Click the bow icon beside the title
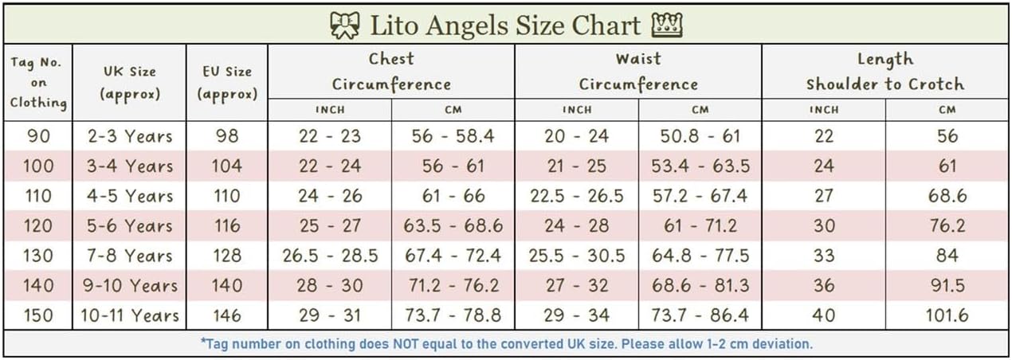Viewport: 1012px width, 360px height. pos(345,25)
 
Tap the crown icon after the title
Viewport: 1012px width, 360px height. pos(667,25)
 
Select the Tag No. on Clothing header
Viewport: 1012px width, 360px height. pos(38,83)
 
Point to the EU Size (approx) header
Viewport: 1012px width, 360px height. pos(227,83)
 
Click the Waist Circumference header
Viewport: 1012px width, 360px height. pos(638,72)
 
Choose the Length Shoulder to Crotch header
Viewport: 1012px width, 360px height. pos(885,72)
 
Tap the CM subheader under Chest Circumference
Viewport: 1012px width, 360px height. pos(453,110)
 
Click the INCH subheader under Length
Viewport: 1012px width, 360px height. pos(824,110)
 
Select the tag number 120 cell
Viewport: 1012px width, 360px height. pos(38,225)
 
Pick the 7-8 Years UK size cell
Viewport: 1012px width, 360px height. pos(130,256)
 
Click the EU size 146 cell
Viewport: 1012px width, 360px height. pos(227,315)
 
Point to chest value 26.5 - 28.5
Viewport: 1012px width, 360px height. pos(330,256)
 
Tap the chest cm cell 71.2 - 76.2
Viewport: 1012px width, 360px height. pos(453,285)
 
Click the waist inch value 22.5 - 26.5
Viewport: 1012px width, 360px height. pos(576,196)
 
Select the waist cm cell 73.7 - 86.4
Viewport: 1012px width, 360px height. pos(700,315)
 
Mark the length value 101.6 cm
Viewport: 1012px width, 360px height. pos(947,315)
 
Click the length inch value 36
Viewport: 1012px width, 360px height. pos(824,285)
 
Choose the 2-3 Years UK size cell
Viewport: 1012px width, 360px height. pos(130,136)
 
